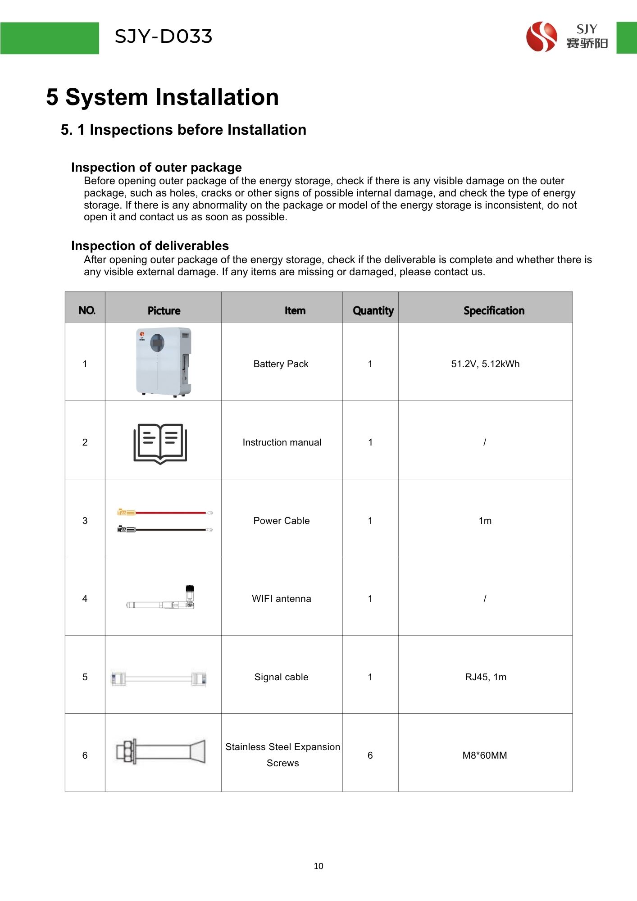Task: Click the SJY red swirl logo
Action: coord(541,37)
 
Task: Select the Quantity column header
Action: coord(373,310)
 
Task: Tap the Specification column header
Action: coord(494,310)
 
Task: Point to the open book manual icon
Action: coord(160,443)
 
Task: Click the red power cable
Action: coord(165,513)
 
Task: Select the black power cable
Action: coord(165,530)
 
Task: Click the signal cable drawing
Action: coord(159,678)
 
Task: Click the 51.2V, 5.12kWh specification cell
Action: coord(485,364)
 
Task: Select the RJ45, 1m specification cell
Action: coord(485,677)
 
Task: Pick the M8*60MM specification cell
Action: coord(485,755)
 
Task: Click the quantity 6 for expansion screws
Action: coord(370,755)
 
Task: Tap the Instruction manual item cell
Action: coord(282,442)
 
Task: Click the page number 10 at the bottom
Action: coord(318,866)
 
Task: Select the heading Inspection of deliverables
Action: coord(150,246)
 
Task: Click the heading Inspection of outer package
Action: coord(156,167)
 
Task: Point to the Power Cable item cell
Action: coord(282,521)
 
